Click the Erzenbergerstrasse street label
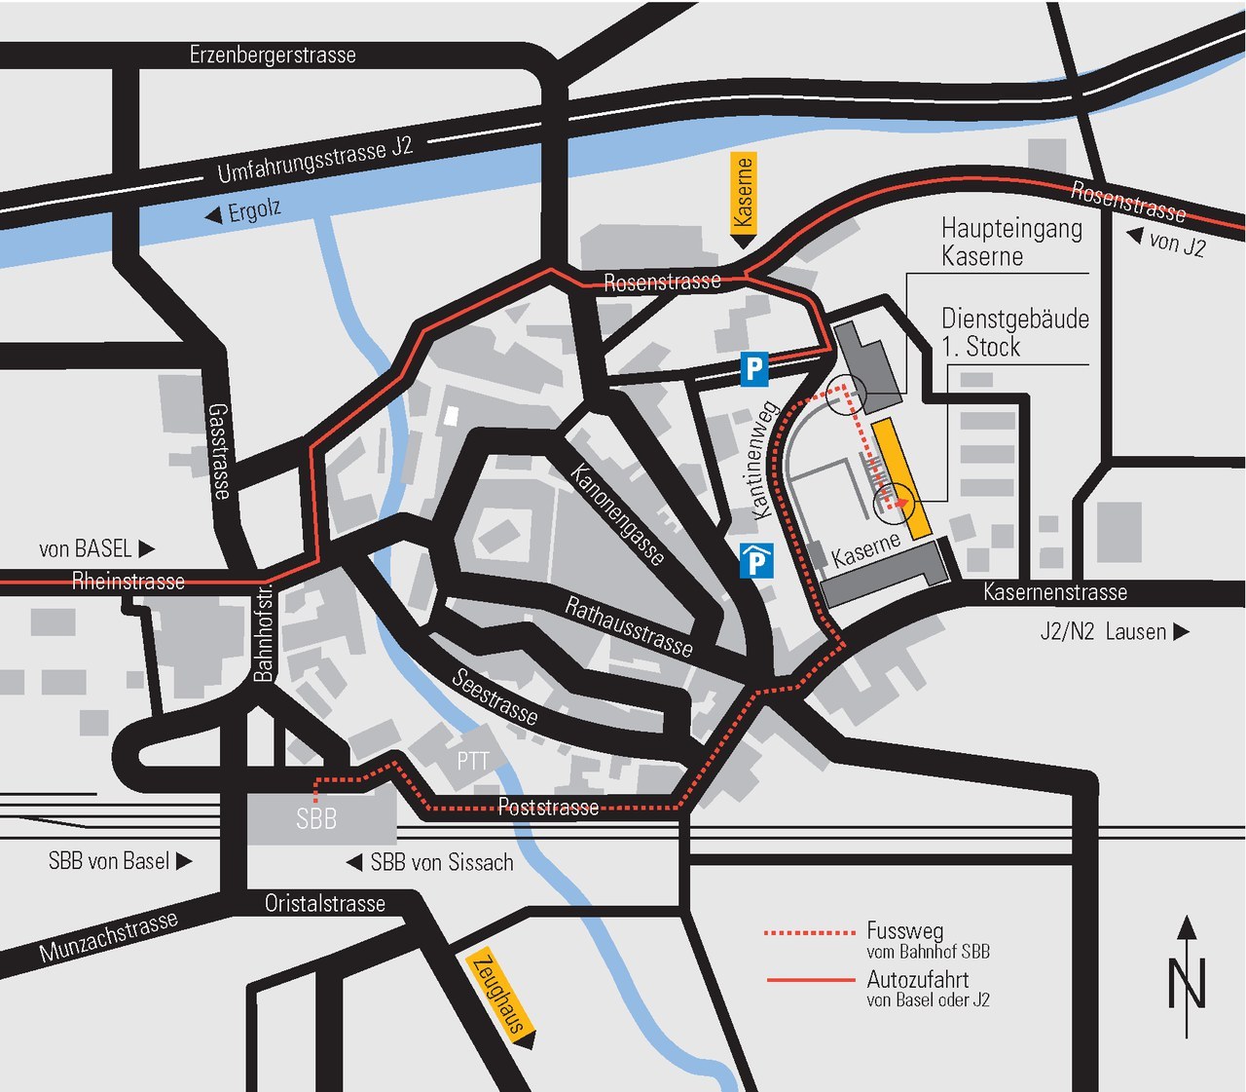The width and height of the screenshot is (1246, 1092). point(273,55)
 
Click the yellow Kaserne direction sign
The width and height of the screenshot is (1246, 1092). point(743,195)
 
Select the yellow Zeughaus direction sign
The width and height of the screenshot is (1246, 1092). point(500,996)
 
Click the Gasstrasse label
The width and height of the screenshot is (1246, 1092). point(221,451)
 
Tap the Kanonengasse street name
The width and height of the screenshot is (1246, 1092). point(618,513)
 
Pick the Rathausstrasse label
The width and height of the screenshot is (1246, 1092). point(629,626)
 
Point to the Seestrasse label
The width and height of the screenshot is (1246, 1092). point(495,697)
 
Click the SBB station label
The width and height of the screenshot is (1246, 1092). point(316,819)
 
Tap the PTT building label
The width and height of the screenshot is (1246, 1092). point(472,761)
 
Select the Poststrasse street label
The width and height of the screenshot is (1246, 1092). point(548,807)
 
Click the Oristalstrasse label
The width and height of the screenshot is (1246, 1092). point(325,903)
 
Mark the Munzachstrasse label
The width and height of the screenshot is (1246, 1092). point(108,935)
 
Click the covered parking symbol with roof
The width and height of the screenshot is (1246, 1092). point(756,561)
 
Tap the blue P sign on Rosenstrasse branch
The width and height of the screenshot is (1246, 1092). point(754,368)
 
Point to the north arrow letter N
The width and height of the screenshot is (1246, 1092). point(1188,984)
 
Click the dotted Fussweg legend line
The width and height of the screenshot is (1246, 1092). point(810,933)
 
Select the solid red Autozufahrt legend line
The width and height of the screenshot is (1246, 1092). point(810,980)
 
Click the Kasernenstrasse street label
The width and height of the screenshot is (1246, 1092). point(1055,591)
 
